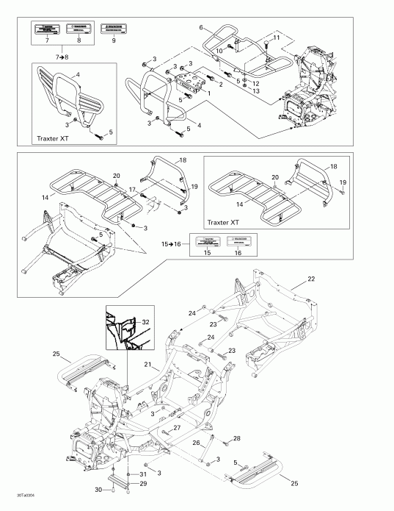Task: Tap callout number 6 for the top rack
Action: click(200, 26)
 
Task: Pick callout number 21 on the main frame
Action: click(147, 365)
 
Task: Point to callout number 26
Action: click(195, 443)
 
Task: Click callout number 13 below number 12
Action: click(255, 91)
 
